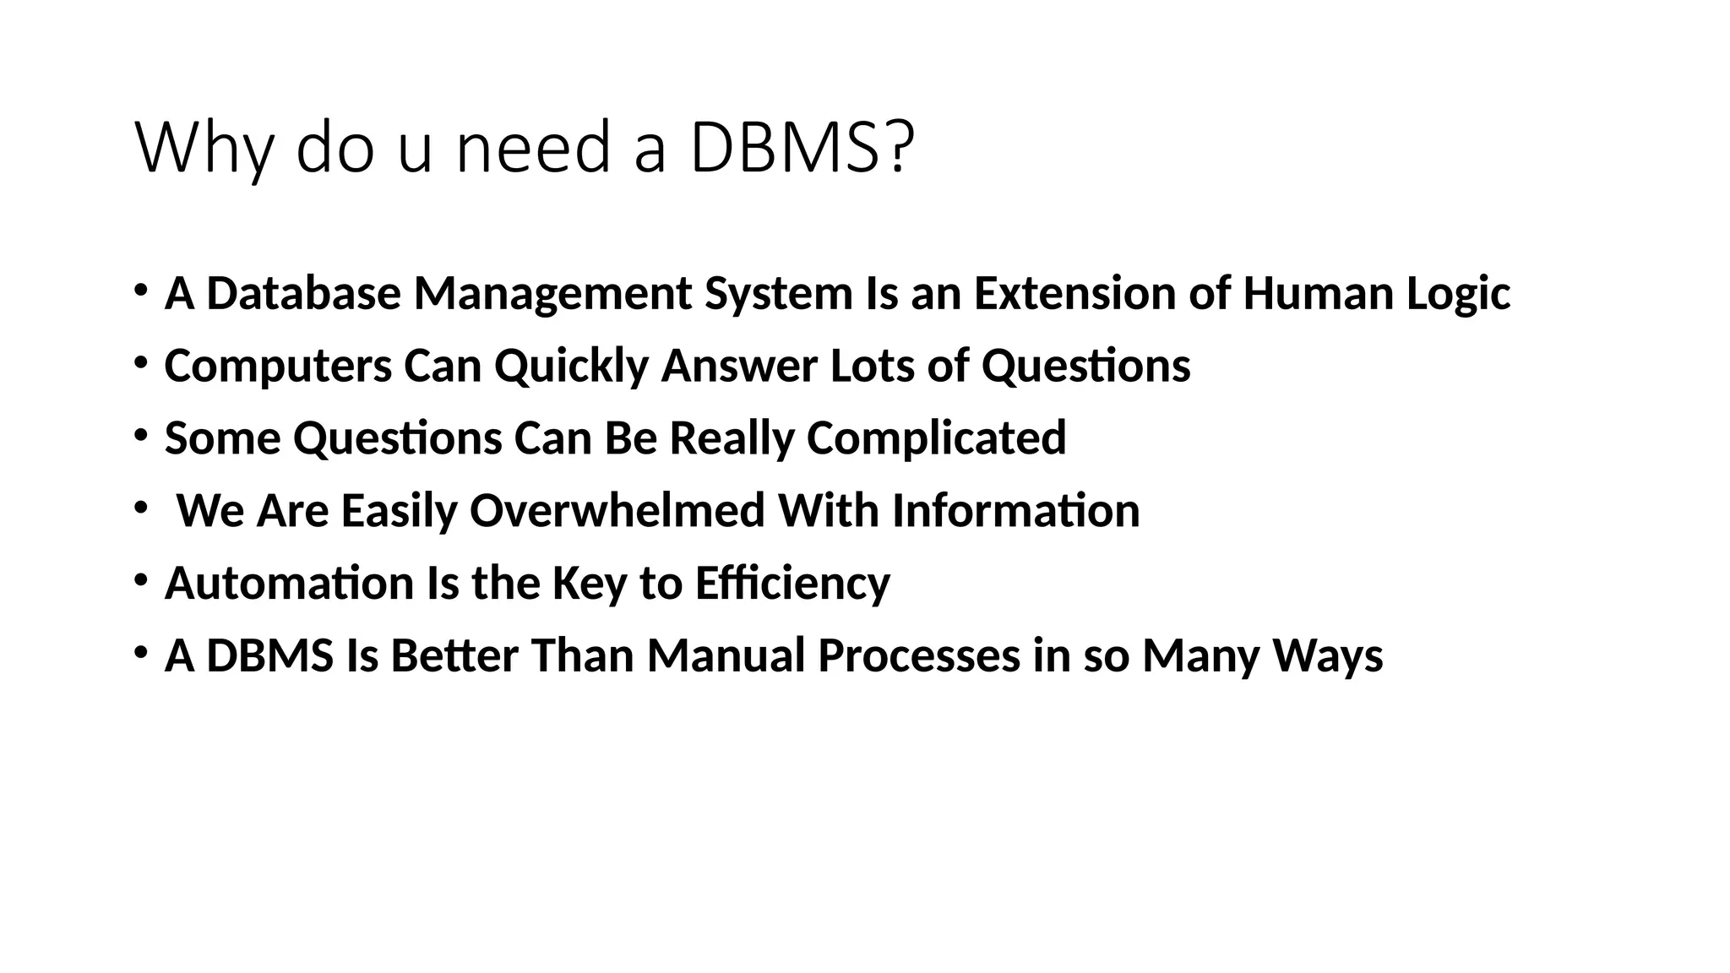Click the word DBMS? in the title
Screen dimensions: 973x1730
[x=802, y=148]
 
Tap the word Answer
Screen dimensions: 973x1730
[x=739, y=366]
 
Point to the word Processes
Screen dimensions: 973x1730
[x=919, y=656]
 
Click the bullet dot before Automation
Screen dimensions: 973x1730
[x=141, y=581]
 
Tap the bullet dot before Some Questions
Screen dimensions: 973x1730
[x=141, y=436]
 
